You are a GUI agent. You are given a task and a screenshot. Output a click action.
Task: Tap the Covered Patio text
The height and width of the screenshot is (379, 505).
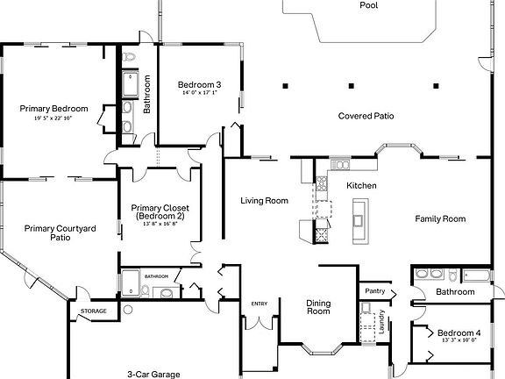pyautogui.click(x=366, y=115)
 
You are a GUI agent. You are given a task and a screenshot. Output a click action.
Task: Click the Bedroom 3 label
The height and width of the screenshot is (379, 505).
pyautogui.click(x=199, y=84)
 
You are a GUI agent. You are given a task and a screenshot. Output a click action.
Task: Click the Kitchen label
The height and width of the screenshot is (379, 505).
pyautogui.click(x=361, y=185)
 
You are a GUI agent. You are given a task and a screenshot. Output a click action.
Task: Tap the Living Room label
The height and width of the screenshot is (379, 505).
pyautogui.click(x=264, y=201)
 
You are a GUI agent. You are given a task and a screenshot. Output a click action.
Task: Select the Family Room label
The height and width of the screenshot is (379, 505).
pyautogui.click(x=440, y=218)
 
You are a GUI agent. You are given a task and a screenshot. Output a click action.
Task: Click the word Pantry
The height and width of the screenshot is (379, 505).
pyautogui.click(x=374, y=290)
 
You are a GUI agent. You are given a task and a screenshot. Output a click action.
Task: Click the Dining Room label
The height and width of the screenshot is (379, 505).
pyautogui.click(x=318, y=307)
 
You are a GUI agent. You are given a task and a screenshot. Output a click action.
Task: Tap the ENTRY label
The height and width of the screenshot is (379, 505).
pyautogui.click(x=260, y=304)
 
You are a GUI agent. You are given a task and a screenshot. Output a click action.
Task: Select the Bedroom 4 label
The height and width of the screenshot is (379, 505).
pyautogui.click(x=459, y=333)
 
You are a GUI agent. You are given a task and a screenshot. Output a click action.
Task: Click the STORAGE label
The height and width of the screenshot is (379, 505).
pyautogui.click(x=94, y=311)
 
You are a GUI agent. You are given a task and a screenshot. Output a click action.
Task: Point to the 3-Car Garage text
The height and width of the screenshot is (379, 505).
pyautogui.click(x=153, y=374)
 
